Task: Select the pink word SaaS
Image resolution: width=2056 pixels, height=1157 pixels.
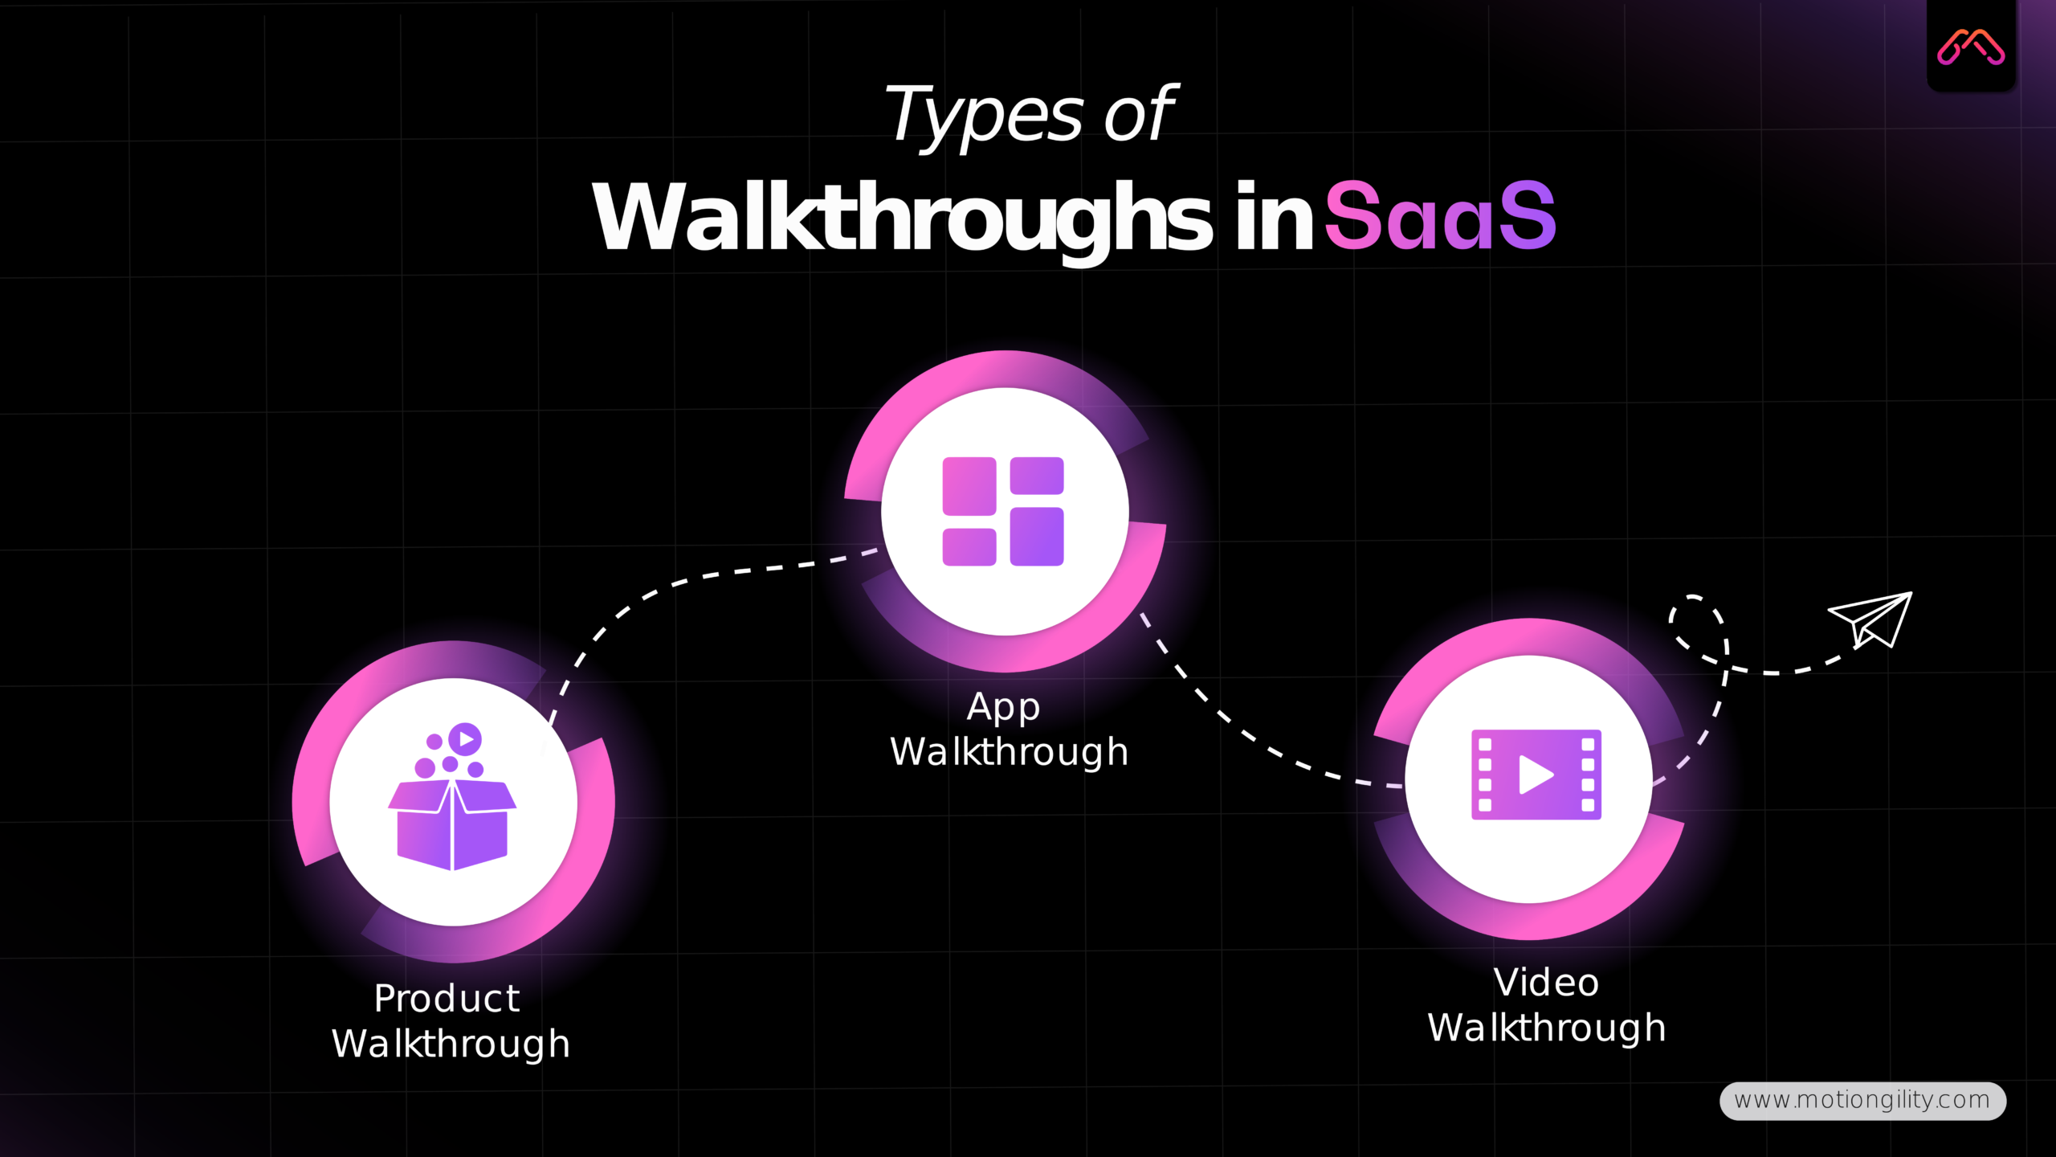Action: tap(1439, 217)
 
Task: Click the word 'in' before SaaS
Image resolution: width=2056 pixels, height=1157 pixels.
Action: tap(1273, 217)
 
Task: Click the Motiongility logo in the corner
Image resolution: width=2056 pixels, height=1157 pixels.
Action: tap(1970, 47)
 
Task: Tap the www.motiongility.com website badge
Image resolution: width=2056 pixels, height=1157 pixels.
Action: tap(1862, 1100)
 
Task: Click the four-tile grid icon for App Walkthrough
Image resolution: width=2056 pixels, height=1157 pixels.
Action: tap(1003, 511)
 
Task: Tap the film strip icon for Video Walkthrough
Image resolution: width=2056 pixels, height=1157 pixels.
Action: tap(1536, 775)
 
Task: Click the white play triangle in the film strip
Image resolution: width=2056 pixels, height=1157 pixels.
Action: tap(1534, 775)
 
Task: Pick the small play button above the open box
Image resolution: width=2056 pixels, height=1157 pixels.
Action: tap(465, 738)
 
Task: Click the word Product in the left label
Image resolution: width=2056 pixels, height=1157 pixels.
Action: tap(447, 999)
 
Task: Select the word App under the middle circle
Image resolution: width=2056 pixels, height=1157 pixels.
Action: tap(1003, 707)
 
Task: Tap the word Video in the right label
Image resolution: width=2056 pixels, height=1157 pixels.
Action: tap(1545, 983)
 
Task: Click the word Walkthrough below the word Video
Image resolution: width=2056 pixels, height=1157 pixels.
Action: tap(1546, 1028)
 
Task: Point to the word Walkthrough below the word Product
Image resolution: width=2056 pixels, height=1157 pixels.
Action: tap(451, 1044)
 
